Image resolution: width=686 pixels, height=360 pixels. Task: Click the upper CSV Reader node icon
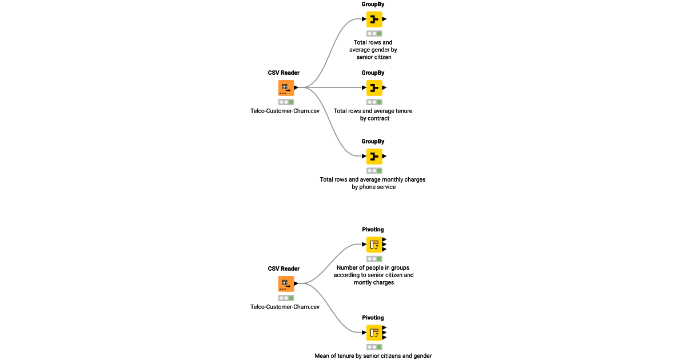click(286, 87)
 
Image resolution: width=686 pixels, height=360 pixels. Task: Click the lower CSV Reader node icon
click(286, 283)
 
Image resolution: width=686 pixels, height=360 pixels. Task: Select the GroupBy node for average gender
click(374, 19)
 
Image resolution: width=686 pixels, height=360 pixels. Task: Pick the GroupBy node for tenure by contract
click(374, 88)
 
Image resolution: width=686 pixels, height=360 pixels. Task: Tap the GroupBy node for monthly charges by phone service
click(374, 156)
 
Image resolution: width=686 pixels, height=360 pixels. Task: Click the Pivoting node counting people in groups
click(374, 245)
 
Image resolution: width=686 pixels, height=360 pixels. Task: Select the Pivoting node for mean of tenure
click(374, 333)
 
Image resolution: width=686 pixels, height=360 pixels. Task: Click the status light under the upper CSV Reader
click(286, 102)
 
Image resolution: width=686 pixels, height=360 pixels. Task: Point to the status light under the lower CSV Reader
click(286, 298)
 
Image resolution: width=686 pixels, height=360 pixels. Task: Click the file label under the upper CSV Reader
click(285, 111)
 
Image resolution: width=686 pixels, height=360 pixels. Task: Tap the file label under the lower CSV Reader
click(285, 307)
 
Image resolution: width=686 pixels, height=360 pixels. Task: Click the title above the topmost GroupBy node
click(373, 4)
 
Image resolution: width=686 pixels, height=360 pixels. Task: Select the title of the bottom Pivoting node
click(373, 318)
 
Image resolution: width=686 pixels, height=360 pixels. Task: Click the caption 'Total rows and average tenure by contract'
click(373, 114)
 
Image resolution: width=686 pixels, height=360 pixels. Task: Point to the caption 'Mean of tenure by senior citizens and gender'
click(373, 355)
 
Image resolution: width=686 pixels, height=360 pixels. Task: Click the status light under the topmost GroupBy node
click(374, 34)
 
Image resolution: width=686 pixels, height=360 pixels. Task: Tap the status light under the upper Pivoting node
click(374, 259)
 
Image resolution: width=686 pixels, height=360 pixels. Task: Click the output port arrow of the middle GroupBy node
click(385, 88)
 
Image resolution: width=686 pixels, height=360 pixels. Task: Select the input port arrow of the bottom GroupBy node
click(364, 156)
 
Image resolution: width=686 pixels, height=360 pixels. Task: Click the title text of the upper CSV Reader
click(284, 73)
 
